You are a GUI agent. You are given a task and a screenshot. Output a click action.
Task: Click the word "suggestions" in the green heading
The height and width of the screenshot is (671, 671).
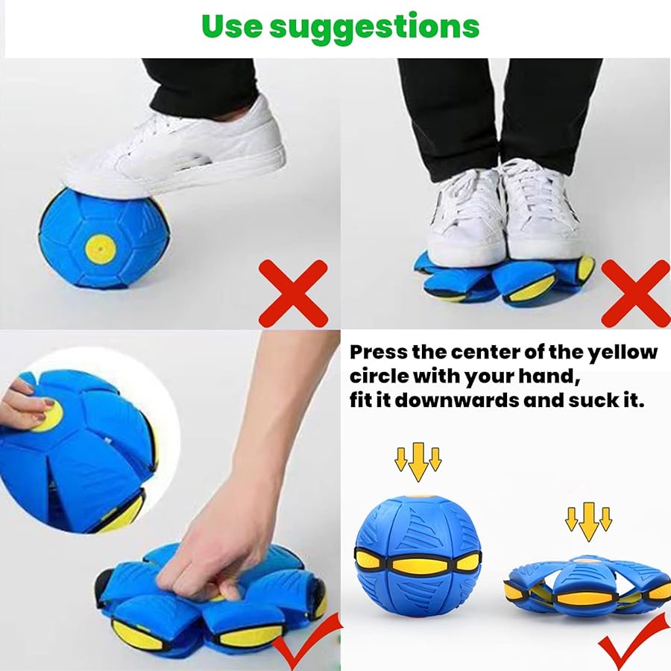pyautogui.click(x=374, y=28)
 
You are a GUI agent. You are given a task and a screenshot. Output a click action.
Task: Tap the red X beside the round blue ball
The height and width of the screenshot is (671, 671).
pyautogui.click(x=294, y=294)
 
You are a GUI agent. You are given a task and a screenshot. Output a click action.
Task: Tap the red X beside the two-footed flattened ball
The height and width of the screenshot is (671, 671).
pyautogui.click(x=636, y=294)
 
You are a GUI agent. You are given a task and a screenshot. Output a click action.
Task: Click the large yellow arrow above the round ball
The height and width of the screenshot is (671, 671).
pyautogui.click(x=418, y=461)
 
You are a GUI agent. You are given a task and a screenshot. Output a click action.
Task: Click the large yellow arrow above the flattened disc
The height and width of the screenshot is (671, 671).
pyautogui.click(x=589, y=522)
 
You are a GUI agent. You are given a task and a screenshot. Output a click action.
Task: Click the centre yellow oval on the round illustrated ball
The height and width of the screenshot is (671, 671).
pyautogui.click(x=418, y=565)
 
